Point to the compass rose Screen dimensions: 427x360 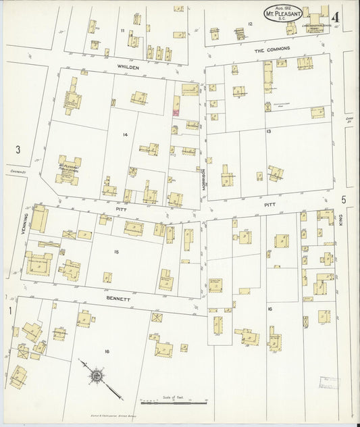pyautogui.click(x=97, y=375)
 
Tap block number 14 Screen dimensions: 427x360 pyautogui.click(x=125, y=135)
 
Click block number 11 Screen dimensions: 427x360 pyautogui.click(x=122, y=31)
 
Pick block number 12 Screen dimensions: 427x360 pyautogui.click(x=250, y=24)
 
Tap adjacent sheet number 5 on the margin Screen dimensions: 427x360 pyautogui.click(x=344, y=199)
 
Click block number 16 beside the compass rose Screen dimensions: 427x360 pyautogui.click(x=107, y=351)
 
